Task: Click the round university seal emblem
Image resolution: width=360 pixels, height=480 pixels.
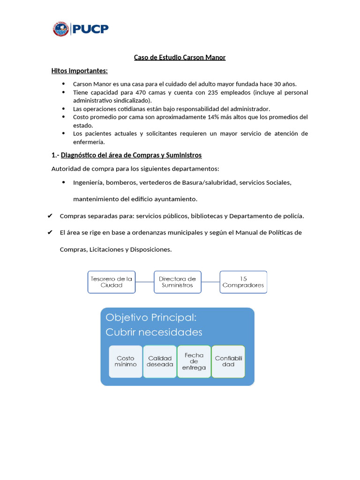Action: pos(61,29)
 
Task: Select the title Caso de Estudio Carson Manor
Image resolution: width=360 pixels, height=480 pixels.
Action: pos(180,58)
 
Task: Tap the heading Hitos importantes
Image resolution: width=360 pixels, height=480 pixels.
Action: pos(79,71)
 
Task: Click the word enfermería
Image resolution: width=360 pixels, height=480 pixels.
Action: pos(89,142)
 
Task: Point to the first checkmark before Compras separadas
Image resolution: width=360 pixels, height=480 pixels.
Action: pos(50,216)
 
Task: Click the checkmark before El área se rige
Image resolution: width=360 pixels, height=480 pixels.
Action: pos(50,232)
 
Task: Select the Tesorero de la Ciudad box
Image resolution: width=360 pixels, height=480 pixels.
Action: pos(112,282)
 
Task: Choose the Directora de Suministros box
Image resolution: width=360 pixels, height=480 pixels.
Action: pos(177,282)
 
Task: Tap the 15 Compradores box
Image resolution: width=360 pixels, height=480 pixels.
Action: pos(243,282)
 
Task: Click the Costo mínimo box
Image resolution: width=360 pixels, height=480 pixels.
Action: pos(126,361)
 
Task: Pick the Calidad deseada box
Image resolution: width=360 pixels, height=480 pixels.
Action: pos(160,361)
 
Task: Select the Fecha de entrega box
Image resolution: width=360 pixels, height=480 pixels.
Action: pos(194,361)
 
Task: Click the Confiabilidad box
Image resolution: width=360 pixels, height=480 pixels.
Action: pos(228,361)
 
